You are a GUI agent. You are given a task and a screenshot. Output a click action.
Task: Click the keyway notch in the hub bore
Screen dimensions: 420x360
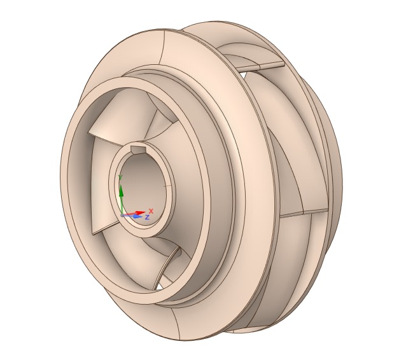(x=138, y=149)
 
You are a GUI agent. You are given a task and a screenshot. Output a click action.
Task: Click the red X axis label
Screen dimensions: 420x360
(x=151, y=211)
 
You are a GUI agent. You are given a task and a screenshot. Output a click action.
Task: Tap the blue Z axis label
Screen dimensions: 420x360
(x=147, y=217)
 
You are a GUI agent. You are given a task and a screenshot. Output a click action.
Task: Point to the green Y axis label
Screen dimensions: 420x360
(x=120, y=177)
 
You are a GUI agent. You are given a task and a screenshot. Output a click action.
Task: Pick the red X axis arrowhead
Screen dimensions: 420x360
(x=140, y=213)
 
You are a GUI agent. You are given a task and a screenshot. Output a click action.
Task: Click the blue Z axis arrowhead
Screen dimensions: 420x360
(x=137, y=216)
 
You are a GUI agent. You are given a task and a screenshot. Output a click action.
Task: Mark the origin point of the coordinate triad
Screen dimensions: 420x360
(x=122, y=215)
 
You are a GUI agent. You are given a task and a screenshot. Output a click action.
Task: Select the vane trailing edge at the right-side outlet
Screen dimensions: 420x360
(x=304, y=212)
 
